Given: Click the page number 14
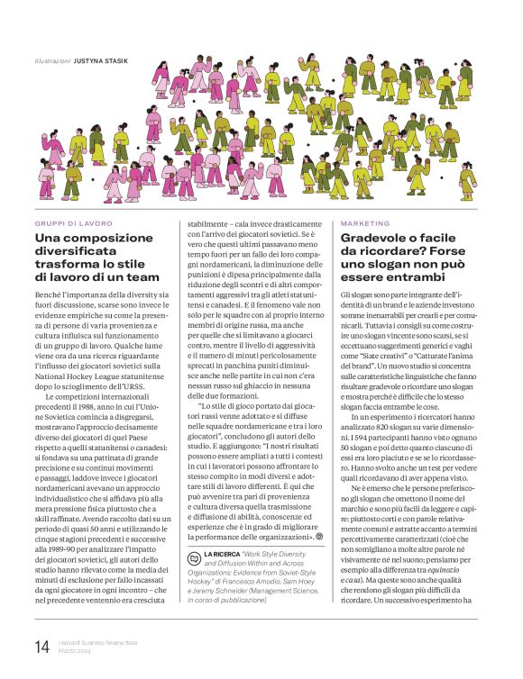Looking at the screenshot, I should coord(41,647).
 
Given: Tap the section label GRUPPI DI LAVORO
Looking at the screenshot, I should coord(73,222).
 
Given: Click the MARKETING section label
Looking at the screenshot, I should coord(365,222).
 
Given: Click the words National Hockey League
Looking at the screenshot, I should coord(86,369).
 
